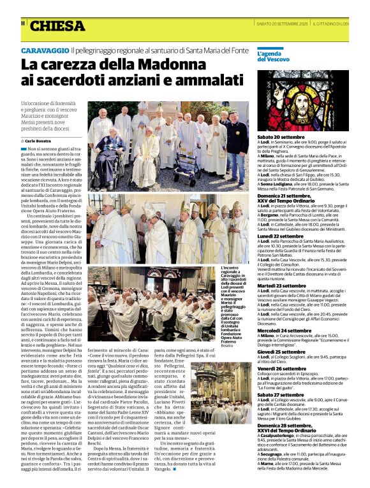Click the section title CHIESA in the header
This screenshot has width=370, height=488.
[x=57, y=26]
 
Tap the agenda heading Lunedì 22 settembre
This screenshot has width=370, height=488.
[x=281, y=236]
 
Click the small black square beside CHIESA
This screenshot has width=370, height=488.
[x=24, y=24]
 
